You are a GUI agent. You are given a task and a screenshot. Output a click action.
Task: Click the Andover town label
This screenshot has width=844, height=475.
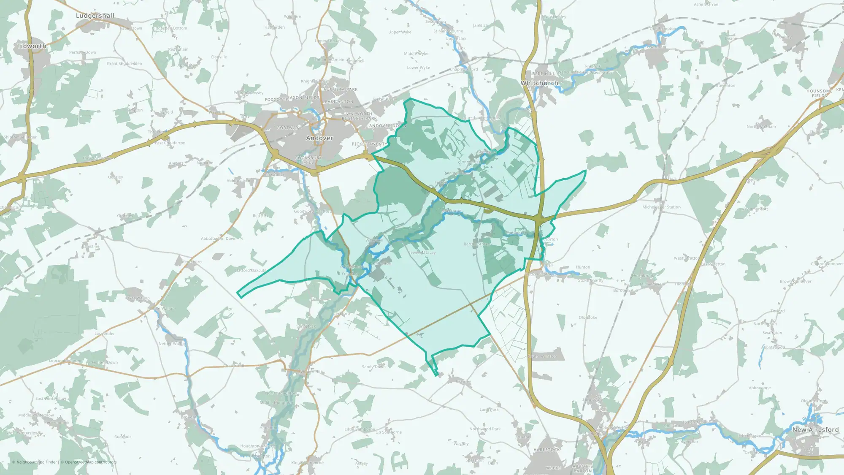319,138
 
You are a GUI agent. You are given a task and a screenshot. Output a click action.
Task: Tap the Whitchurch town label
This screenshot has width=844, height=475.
539,83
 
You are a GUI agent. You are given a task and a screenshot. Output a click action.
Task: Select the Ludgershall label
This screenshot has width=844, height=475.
95,16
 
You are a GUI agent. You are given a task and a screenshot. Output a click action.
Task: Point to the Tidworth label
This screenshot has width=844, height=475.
32,46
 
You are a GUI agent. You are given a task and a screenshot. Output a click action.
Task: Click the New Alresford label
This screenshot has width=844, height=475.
815,429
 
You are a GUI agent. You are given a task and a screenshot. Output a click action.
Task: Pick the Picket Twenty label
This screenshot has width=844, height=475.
369,144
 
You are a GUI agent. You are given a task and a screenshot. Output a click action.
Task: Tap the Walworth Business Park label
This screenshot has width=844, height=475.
359,116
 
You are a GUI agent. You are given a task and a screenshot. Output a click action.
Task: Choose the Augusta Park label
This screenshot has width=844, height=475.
341,90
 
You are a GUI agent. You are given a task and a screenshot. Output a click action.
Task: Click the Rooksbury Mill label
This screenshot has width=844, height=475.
308,160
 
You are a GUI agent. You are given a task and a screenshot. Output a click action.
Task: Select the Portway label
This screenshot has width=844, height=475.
288,128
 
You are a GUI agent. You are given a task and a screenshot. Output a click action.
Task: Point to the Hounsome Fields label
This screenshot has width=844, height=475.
819,93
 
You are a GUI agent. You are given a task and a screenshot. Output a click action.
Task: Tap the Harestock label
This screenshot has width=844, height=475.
546,450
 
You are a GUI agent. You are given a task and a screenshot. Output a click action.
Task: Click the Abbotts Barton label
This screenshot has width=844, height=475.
583,468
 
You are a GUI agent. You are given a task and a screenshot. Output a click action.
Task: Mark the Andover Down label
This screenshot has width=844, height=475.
387,126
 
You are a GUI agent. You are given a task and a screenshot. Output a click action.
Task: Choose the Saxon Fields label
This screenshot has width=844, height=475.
303,98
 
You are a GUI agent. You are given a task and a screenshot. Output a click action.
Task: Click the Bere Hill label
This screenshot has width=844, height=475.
544,73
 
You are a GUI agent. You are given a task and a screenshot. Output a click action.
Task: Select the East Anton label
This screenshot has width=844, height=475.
339,102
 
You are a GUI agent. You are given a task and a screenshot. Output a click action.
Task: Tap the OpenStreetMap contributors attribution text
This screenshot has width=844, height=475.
88,462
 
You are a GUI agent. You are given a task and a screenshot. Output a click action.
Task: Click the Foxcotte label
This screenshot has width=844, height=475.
276,100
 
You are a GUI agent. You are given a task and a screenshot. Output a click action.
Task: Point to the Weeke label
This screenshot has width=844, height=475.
553,468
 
